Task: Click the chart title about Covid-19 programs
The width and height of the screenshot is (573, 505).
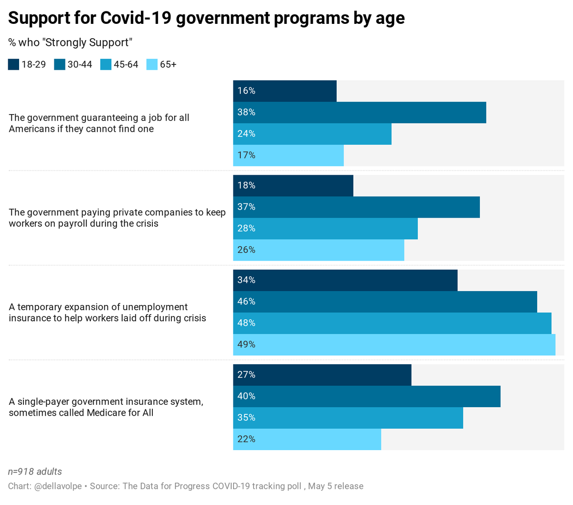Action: pos(206,18)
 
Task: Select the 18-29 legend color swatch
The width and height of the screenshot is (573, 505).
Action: pos(13,64)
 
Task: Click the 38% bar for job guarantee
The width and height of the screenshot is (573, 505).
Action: pos(359,113)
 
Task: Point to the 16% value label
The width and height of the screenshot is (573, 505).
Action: pos(246,91)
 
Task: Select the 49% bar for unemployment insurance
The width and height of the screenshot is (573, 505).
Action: pos(394,345)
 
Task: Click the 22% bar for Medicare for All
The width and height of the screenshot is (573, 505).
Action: pos(307,439)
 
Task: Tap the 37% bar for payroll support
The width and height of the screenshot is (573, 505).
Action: pos(356,207)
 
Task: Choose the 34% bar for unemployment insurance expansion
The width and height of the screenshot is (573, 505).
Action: pos(345,280)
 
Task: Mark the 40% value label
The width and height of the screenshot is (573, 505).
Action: pos(246,396)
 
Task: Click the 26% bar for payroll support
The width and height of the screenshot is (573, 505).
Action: pos(318,250)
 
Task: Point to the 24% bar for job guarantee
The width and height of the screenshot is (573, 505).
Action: pos(312,134)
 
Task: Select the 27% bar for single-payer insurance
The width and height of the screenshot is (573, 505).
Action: pos(322,375)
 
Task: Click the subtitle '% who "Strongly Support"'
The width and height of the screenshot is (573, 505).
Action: pos(70,42)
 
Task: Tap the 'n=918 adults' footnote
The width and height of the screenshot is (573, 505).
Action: pos(35,472)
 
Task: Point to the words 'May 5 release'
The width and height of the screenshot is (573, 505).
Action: pos(336,486)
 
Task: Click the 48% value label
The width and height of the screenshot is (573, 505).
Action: pos(246,323)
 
